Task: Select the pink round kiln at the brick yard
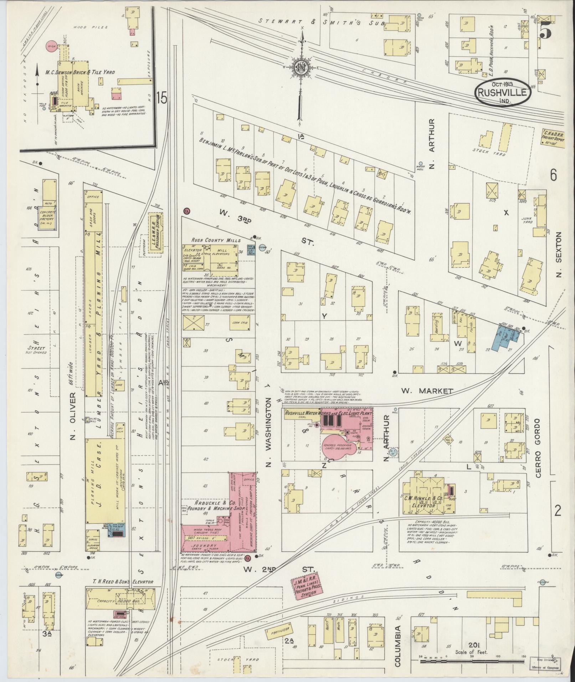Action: point(52,46)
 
